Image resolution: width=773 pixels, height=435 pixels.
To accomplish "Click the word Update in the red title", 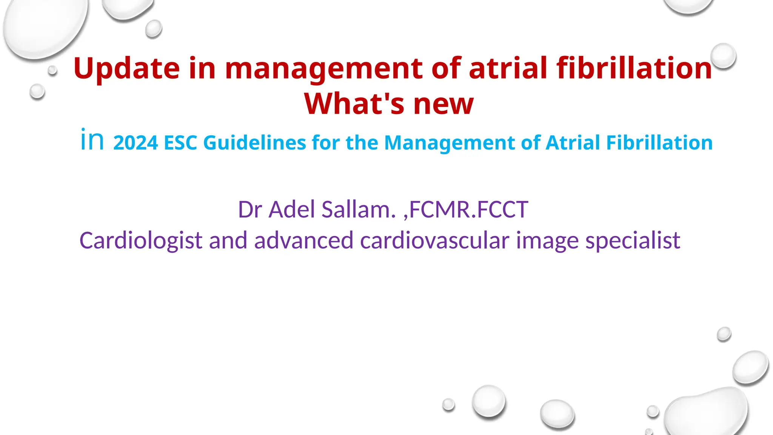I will pyautogui.click(x=126, y=68).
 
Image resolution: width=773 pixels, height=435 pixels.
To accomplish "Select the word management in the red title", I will pyautogui.click(x=323, y=68).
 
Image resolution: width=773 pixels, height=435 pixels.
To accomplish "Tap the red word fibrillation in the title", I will pyautogui.click(x=634, y=68).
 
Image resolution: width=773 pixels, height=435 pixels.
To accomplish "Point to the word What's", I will pyautogui.click(x=354, y=103).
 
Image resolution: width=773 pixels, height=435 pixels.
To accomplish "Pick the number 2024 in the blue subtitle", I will pyautogui.click(x=136, y=143).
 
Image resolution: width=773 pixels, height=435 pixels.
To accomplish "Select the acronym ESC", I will pyautogui.click(x=180, y=143).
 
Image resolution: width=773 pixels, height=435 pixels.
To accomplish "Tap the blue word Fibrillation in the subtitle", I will pyautogui.click(x=659, y=143).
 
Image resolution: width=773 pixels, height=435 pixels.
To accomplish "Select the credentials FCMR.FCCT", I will pyautogui.click(x=468, y=209).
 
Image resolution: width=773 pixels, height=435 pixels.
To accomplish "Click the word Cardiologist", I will pyautogui.click(x=141, y=241).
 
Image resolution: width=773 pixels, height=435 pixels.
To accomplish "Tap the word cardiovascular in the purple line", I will pyautogui.click(x=434, y=241).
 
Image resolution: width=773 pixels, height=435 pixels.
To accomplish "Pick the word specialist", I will pyautogui.click(x=633, y=241).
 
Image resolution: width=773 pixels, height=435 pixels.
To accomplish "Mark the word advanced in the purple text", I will pyautogui.click(x=303, y=241).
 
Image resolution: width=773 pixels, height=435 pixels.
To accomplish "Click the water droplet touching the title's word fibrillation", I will pyautogui.click(x=723, y=56).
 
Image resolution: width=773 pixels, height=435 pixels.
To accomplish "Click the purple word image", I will pyautogui.click(x=547, y=241).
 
